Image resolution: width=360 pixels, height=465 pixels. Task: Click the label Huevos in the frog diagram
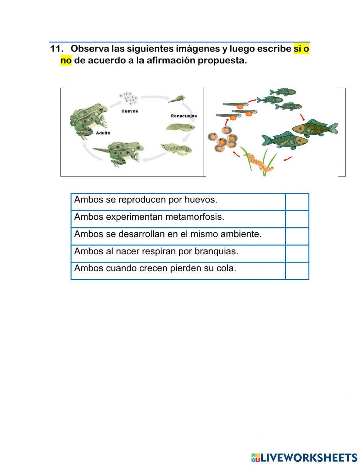point(129,111)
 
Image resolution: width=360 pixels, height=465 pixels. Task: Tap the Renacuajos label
point(184,116)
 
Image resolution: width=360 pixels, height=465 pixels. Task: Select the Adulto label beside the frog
point(103,133)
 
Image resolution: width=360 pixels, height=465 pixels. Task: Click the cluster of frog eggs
point(128,98)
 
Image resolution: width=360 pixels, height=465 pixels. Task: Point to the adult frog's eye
point(101,109)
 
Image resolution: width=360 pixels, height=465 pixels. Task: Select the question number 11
point(57,49)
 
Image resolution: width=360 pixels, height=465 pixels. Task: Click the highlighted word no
point(66,61)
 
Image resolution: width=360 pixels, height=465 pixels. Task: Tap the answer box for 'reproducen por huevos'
point(297,202)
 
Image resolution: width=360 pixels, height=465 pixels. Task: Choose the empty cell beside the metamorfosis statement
point(297,219)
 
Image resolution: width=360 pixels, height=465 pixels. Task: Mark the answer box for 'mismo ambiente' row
point(297,236)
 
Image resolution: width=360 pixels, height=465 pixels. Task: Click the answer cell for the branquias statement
point(297,254)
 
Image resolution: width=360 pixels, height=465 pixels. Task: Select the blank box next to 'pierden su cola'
point(297,270)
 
